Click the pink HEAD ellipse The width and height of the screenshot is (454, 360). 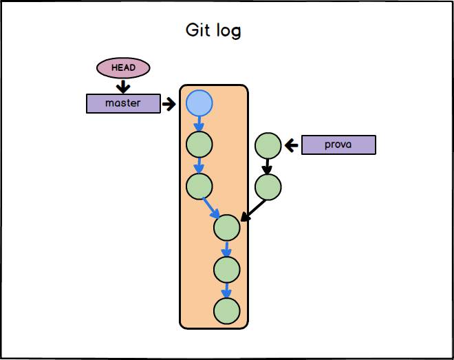point(123,67)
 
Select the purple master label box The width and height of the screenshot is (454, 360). point(123,103)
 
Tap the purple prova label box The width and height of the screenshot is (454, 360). point(338,145)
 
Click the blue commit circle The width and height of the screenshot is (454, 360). point(199,104)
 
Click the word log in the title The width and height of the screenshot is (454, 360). point(228,32)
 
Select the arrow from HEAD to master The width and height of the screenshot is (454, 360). point(123,86)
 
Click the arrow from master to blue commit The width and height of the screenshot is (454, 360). point(169,104)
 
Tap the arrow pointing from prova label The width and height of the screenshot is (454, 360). point(292,145)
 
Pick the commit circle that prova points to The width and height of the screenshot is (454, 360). point(268,145)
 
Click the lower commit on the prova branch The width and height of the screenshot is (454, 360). point(268,186)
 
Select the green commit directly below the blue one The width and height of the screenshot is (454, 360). point(199,145)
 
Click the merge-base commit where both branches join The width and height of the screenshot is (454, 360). point(226,226)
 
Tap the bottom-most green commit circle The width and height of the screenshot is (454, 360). point(226,311)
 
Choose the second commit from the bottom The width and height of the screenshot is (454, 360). point(226,269)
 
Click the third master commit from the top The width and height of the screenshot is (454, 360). point(199,186)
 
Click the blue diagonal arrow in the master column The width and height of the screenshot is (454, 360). point(211,207)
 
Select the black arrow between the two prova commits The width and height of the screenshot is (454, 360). point(268,166)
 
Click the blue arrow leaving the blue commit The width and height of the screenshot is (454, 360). point(199,125)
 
